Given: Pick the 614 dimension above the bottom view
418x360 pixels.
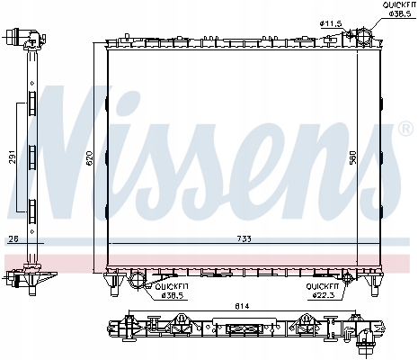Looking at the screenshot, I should pos(241,306).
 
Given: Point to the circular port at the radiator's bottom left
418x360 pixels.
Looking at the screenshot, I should pos(137,280).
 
